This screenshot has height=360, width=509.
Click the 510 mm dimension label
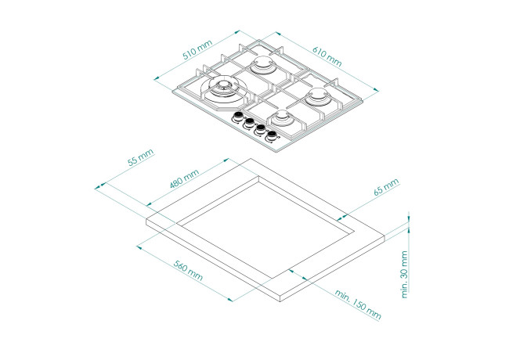[197, 49]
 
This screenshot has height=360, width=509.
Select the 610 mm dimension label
[327, 56]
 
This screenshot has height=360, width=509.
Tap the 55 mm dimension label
[140, 157]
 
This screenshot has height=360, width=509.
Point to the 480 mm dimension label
[184, 178]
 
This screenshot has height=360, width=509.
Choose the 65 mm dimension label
[386, 187]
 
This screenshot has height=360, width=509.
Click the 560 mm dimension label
[188, 271]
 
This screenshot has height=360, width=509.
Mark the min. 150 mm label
[358, 304]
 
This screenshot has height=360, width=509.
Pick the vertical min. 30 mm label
[404, 275]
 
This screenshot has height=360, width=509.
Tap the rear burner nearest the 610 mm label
[263, 64]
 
